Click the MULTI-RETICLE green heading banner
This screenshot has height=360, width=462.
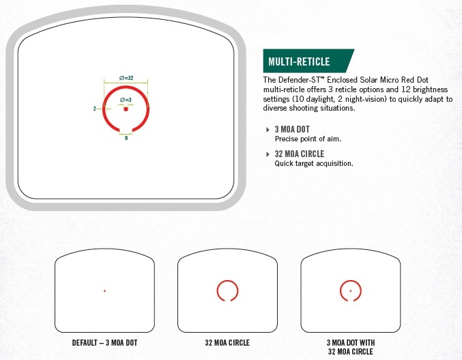tap(308, 61)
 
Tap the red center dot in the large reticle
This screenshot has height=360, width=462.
tap(126, 109)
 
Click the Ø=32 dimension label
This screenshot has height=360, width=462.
tap(126, 78)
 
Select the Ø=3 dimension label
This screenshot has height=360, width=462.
tap(126, 100)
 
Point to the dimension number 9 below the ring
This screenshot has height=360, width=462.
tap(126, 138)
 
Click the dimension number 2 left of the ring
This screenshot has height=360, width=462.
tap(95, 109)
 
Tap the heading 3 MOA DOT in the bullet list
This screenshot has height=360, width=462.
tap(292, 129)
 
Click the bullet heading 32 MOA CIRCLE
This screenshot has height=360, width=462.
tap(300, 154)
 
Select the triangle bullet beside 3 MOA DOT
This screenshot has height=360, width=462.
tap(268, 129)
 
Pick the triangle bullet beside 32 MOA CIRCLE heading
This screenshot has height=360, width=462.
tap(268, 154)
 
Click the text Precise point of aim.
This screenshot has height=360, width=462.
tap(308, 139)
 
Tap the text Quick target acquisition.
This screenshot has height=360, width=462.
tap(314, 163)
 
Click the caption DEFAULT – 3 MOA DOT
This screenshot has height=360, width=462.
tap(104, 343)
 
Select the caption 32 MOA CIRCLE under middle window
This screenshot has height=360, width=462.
tap(227, 343)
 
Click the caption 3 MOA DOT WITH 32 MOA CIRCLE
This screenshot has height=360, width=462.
tap(351, 347)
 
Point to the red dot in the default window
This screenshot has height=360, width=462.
tap(104, 291)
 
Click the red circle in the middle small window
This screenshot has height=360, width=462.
tap(217, 290)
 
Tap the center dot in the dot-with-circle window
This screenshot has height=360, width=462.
tap(351, 291)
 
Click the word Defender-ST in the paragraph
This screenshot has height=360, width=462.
tap(299, 80)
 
